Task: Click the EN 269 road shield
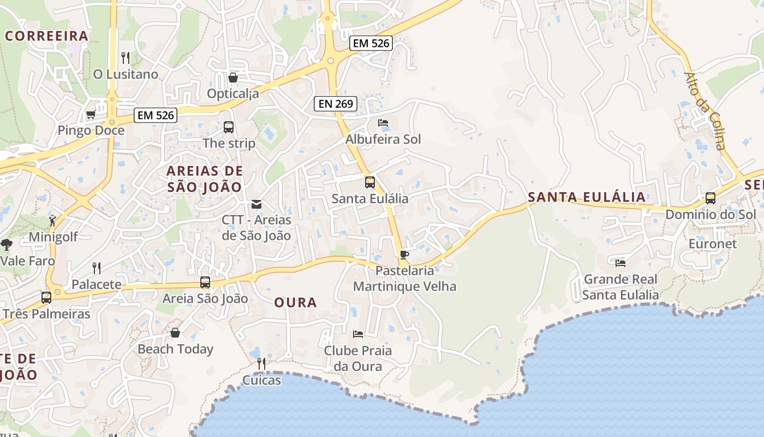coord(336,103)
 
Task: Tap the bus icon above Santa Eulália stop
coord(370,182)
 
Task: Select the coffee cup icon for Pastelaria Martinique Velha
coord(404,255)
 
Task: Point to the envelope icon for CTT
coord(256,204)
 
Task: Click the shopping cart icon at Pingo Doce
coord(91,114)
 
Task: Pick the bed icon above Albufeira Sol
coord(383,123)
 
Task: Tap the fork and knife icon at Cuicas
coord(261,363)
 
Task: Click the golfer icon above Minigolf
coord(52,221)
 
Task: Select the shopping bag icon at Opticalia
coord(233,78)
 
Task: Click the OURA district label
coord(295,303)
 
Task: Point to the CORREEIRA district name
coord(46,36)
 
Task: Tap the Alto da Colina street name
coord(705,111)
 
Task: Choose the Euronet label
coord(712,244)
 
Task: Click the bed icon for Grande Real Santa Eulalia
coord(620,263)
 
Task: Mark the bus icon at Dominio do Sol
coord(711,198)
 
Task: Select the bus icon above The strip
coord(229,127)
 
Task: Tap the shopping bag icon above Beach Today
coord(175,333)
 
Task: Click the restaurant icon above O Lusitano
coord(126,57)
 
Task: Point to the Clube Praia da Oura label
coord(358,358)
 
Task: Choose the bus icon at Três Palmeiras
coord(46,298)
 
